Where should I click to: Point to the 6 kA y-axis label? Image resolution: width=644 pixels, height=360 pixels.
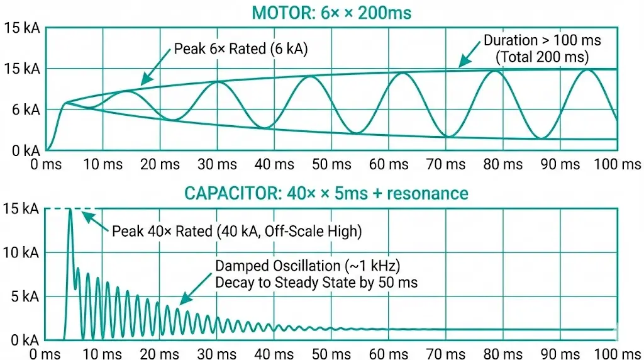pos(22,110)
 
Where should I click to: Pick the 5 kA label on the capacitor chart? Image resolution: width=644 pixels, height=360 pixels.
pos(22,296)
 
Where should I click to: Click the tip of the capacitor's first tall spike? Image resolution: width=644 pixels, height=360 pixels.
pos(70,210)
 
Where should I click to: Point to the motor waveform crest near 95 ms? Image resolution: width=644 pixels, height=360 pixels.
pos(587,70)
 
